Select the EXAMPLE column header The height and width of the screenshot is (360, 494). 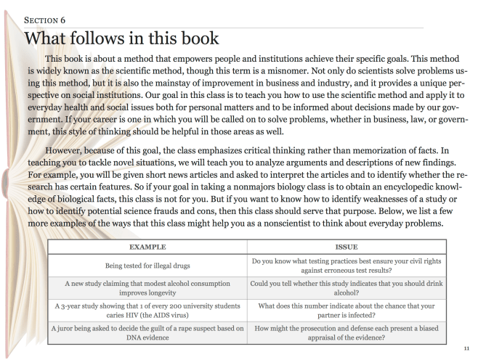point(151,247)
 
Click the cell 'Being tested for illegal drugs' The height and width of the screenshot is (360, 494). point(151,266)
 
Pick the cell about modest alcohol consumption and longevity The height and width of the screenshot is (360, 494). point(151,289)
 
